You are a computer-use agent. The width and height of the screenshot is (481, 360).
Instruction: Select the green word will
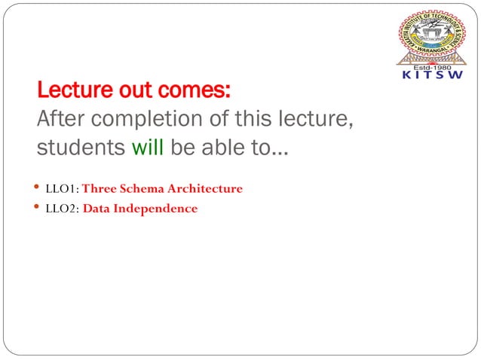(148, 148)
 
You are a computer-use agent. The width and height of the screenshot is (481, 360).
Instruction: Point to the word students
(81, 148)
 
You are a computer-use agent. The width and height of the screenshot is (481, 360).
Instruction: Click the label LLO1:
(62, 189)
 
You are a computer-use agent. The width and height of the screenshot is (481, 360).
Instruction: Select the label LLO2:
(63, 209)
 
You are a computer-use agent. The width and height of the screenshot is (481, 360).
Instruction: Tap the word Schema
(142, 189)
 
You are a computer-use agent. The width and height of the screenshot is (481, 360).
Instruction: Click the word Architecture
(206, 189)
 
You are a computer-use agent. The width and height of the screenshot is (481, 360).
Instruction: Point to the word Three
(100, 189)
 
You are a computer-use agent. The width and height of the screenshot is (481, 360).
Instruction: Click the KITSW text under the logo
(431, 75)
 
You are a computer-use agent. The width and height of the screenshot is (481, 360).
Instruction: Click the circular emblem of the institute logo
(431, 35)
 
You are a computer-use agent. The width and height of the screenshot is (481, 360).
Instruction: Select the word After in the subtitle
(63, 120)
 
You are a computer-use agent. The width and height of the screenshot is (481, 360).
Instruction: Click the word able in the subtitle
(220, 148)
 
